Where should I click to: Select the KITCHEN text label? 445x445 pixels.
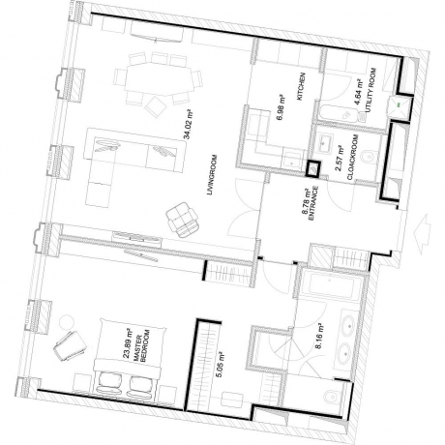(x=301, y=86)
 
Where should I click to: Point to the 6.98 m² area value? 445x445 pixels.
(x=281, y=107)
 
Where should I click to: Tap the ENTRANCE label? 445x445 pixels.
(x=313, y=203)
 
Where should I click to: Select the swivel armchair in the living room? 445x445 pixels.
(x=183, y=220)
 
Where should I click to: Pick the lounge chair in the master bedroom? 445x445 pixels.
(x=71, y=346)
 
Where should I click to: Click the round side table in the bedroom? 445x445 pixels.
(x=67, y=323)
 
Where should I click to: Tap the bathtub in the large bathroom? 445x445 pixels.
(x=331, y=285)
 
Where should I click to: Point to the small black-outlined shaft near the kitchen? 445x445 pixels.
(x=312, y=169)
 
